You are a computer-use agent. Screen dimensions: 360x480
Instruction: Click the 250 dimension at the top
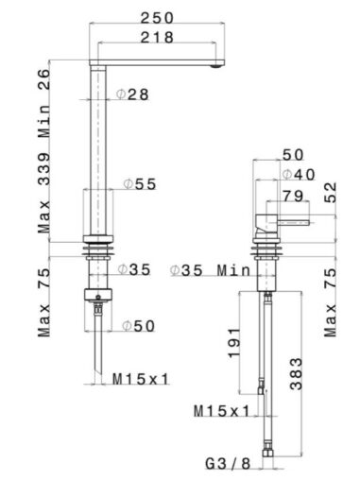[157, 18]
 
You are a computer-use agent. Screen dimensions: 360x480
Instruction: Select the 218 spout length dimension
[157, 38]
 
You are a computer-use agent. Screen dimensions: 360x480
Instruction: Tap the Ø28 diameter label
[132, 94]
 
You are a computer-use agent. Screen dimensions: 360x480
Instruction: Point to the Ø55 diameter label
[140, 184]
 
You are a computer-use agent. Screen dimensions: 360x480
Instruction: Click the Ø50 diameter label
[139, 326]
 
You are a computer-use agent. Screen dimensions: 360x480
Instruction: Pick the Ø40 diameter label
[299, 175]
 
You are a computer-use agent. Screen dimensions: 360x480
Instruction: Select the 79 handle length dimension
[293, 197]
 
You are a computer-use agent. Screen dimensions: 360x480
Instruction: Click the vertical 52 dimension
[331, 193]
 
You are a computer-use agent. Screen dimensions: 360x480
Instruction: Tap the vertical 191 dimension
[234, 343]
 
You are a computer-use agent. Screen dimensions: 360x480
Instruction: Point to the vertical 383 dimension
[296, 374]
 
